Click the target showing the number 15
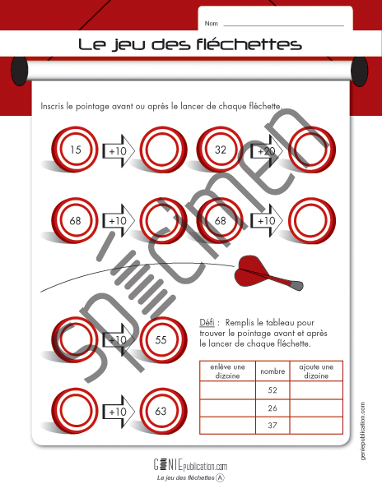[x=75, y=150]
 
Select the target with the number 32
[x=220, y=150]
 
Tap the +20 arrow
[x=267, y=151]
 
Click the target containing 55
[x=164, y=340]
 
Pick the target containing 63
[x=164, y=412]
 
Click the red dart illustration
[x=268, y=273]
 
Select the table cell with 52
[x=273, y=390]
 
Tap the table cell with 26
[x=273, y=408]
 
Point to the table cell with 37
[x=273, y=426]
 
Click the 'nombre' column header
[x=273, y=371]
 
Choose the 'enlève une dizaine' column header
[x=227, y=371]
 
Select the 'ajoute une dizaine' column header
[x=316, y=371]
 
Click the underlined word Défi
[x=207, y=323]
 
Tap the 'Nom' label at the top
[x=211, y=24]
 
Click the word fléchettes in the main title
[x=249, y=44]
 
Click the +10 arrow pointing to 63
[x=119, y=412]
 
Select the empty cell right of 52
[x=316, y=390]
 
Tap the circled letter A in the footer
[x=221, y=478]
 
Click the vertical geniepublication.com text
[x=363, y=431]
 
